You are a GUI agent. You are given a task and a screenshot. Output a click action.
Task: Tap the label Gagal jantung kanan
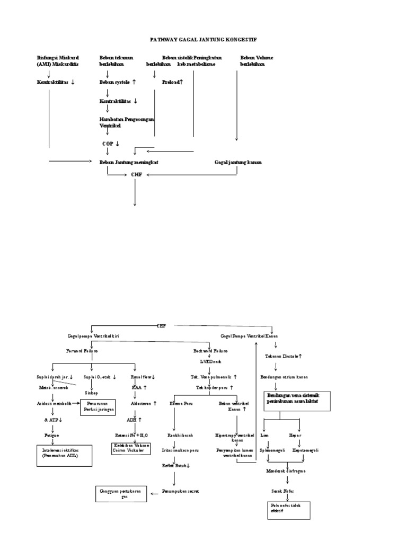point(238,162)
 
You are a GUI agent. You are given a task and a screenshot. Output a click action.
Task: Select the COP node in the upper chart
point(111,144)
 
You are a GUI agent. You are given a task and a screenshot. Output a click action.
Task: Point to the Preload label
point(173,82)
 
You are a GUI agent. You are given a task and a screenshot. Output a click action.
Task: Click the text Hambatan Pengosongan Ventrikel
point(127,122)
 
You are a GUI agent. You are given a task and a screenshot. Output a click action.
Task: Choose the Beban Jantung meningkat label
point(129,162)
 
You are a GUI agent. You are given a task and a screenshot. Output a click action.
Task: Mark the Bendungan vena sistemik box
point(297,402)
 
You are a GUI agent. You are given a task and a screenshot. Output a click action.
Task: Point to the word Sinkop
point(92,393)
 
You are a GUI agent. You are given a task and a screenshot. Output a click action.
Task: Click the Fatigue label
point(51,434)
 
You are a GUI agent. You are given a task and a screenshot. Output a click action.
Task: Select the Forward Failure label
point(82,351)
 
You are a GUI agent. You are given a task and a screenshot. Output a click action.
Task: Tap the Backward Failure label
point(210,351)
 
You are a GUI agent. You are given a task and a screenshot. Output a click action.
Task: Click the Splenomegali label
point(272,450)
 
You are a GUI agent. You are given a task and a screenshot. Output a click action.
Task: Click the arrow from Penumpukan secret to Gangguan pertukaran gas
point(154,492)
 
